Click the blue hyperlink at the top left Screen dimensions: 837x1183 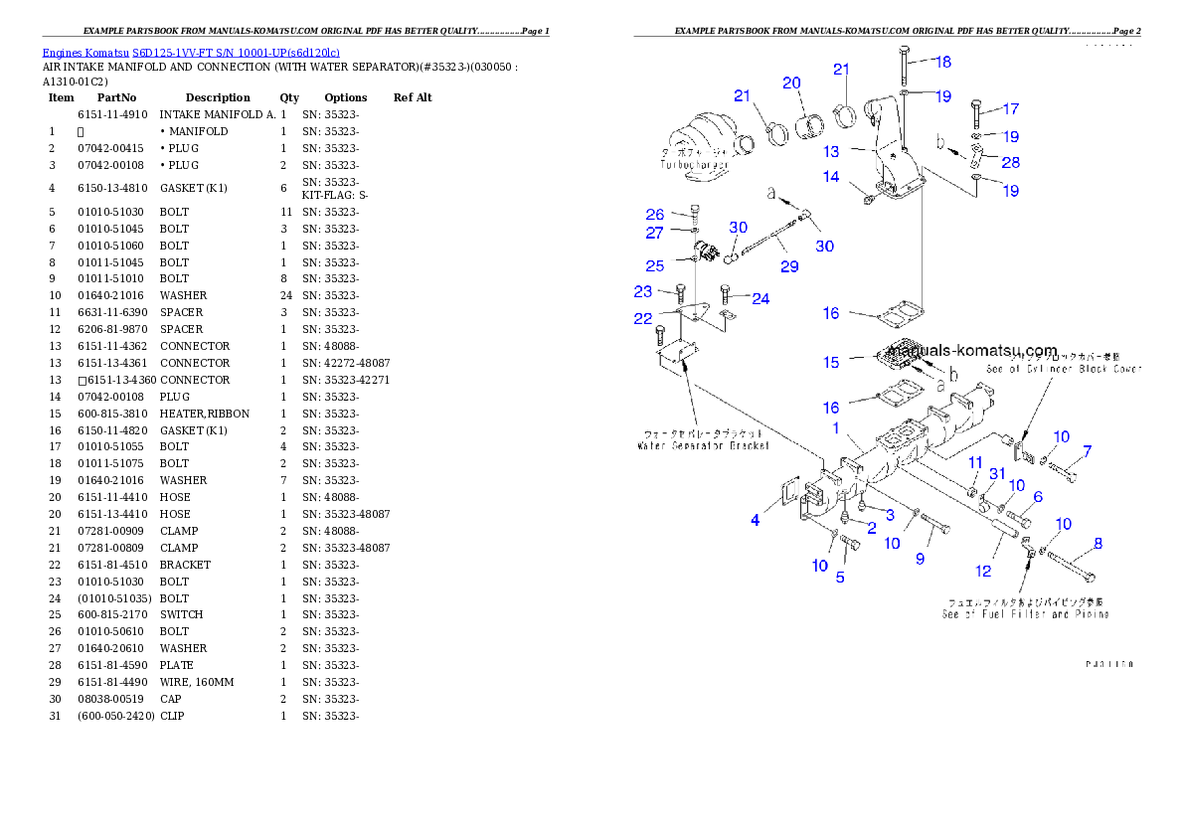pos(191,53)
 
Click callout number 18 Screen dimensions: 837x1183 pos(942,62)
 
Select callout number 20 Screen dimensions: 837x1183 pos(791,84)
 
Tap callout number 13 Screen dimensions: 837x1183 pos(832,152)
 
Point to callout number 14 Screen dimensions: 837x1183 pos(831,177)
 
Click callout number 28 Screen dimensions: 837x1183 pos(1010,162)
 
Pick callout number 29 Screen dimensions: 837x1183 pos(788,266)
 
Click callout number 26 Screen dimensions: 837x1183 pos(654,215)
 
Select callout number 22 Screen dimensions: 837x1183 pos(643,318)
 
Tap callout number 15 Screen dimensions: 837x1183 pos(831,363)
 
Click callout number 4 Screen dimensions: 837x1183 pos(756,520)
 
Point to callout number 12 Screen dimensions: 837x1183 pos(983,571)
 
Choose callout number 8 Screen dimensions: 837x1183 pos(1098,544)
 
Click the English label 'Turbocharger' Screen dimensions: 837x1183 pos(698,165)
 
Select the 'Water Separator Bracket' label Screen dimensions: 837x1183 pos(703,446)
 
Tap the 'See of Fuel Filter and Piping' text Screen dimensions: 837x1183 pos(1025,614)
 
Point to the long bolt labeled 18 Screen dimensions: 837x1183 pos(902,68)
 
